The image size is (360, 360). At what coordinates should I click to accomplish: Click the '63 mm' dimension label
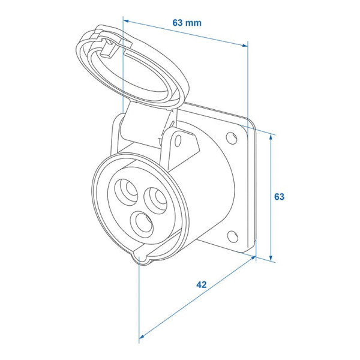coord(187,23)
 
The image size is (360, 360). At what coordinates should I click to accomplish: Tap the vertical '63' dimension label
coord(279,197)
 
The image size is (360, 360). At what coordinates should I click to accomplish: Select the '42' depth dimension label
coord(202,284)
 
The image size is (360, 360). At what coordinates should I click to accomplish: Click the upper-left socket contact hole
coord(126,191)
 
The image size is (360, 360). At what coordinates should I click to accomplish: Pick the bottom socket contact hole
coord(142,224)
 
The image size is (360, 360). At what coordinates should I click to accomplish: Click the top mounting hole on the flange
coord(232,138)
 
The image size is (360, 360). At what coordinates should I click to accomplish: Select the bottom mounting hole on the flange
coord(232,237)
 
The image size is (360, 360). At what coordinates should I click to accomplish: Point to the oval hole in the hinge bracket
coord(178,140)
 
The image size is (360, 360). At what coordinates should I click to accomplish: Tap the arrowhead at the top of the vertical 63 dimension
coord(271,137)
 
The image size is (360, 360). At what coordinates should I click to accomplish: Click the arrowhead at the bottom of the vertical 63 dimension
coord(271,257)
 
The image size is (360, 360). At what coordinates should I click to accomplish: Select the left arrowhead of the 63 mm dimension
coord(127,21)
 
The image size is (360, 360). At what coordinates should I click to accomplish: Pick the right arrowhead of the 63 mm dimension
coord(245,45)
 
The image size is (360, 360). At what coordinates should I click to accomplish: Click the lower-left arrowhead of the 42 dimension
coord(142,337)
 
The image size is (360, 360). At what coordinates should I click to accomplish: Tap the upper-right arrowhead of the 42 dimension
coord(253,258)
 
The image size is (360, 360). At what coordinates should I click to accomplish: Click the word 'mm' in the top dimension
coord(193,23)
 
